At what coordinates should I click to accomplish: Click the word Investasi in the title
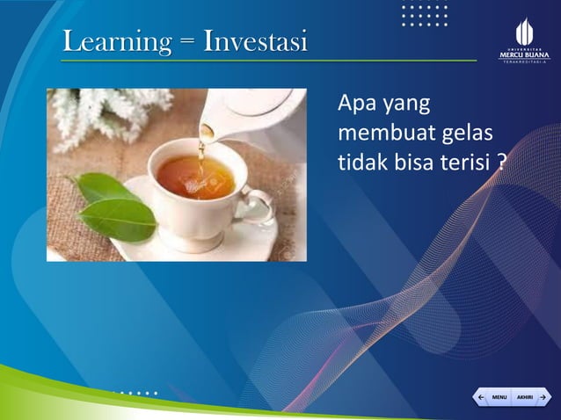point(255,41)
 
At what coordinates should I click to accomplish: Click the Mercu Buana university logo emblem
point(524,32)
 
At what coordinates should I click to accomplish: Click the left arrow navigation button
point(481,398)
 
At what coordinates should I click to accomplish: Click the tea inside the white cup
point(195,177)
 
